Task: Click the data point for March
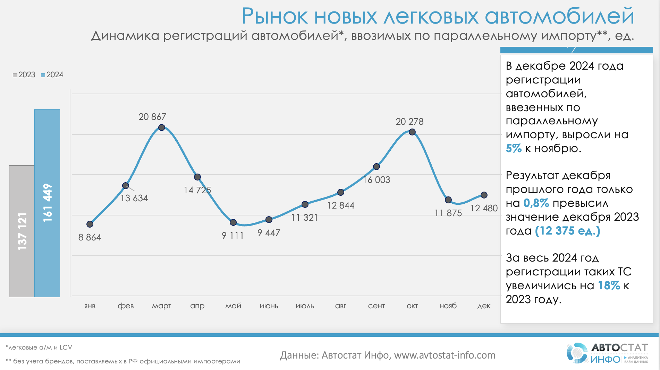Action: tap(161, 127)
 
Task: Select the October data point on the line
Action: tap(412, 132)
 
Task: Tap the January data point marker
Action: tap(90, 224)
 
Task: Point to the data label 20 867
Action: tap(152, 117)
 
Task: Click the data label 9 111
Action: tap(232, 236)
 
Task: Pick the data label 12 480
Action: tap(484, 208)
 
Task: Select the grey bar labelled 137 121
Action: tap(22, 231)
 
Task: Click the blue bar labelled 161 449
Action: tap(47, 203)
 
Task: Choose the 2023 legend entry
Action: tap(24, 75)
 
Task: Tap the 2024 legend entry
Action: tap(52, 75)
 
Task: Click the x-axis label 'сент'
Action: tap(376, 306)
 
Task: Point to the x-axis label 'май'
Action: tap(233, 306)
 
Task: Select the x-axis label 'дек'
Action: tap(484, 306)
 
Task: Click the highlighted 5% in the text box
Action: tap(514, 148)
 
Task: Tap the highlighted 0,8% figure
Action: tap(536, 203)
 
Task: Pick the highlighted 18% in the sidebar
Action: tap(609, 285)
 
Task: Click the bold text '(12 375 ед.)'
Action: tap(568, 231)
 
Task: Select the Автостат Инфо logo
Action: tap(607, 353)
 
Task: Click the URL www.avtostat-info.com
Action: tap(445, 355)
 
